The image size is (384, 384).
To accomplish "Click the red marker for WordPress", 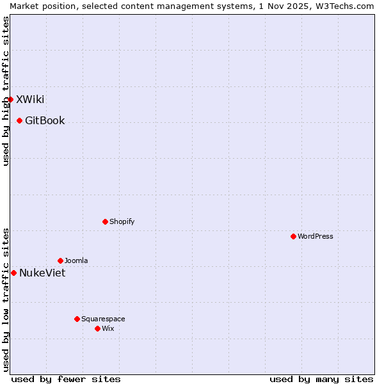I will coord(293,236).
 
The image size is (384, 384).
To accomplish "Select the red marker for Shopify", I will coord(105,221).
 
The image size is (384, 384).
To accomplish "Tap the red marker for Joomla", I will coord(60,260).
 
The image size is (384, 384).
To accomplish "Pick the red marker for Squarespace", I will coord(77,319).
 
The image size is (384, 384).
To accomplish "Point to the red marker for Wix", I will coord(97,328).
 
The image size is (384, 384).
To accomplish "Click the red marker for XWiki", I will coord(10,99).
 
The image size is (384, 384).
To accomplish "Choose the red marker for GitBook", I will coord(19,120).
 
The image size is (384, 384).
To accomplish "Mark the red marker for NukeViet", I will coord(13,273).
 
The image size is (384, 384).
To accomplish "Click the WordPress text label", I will coord(316,236).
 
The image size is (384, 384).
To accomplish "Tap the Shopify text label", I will coord(122,221).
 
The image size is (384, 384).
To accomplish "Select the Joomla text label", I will coord(76,260).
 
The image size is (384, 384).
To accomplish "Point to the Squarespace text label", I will coord(103,319).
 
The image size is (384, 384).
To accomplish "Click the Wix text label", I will coord(108,328).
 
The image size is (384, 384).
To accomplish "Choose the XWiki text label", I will coord(30,99).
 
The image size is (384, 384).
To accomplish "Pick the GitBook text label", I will coord(45,120).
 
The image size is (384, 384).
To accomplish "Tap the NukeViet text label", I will coord(42,273).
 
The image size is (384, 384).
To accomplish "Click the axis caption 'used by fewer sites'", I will coord(66,379).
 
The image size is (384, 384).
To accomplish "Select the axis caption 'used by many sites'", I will coord(321,379).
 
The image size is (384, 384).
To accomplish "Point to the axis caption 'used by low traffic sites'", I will coord(6,300).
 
